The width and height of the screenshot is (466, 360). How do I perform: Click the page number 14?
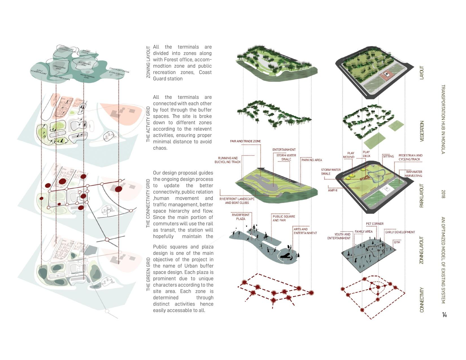point(444,315)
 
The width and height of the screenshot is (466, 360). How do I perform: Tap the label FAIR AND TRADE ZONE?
point(245,141)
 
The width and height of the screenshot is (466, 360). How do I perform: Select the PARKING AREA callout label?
point(312,160)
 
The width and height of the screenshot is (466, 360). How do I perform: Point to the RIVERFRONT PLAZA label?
point(241,217)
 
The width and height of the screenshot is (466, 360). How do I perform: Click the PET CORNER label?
point(374,224)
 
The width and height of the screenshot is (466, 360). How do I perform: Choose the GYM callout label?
point(397,242)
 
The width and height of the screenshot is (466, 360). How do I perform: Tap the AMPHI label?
point(332,190)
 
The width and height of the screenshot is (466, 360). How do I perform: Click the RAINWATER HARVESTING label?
point(414,174)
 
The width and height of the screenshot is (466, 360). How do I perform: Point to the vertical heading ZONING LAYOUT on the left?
point(148,62)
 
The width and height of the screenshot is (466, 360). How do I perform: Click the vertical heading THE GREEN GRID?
point(148,274)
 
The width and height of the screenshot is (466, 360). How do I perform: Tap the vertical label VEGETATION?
point(422,131)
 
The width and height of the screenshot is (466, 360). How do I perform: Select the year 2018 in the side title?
point(443,194)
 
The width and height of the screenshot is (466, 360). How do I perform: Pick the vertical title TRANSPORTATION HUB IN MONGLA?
point(443,119)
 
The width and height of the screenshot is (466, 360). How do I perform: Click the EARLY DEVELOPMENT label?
point(400,232)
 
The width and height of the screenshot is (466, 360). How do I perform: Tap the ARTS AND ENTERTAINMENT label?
point(305,231)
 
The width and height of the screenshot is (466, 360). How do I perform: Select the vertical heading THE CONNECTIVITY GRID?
point(148,203)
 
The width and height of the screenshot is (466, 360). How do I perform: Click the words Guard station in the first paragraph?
point(168,79)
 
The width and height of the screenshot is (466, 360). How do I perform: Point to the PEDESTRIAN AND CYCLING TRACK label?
point(410,157)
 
